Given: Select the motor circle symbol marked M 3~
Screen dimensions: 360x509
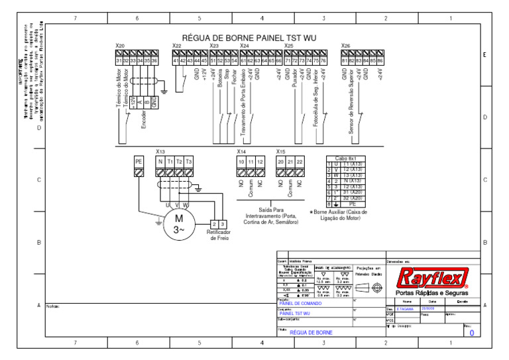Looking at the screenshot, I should pyautogui.click(x=178, y=224).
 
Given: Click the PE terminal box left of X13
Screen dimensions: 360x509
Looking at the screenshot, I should pyautogui.click(x=139, y=162).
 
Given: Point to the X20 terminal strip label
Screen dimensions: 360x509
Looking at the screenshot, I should pyautogui.click(x=120, y=46).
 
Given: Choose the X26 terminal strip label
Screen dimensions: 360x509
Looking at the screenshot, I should pyautogui.click(x=345, y=46).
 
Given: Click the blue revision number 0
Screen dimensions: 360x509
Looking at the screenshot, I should pyautogui.click(x=471, y=333).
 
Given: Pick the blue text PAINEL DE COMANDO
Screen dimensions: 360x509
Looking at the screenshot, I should pyautogui.click(x=301, y=303).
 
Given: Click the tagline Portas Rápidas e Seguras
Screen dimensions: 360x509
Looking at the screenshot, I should pyautogui.click(x=431, y=293).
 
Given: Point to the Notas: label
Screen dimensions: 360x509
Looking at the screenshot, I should pyautogui.click(x=54, y=306).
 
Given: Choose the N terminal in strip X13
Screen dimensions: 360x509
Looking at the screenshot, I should pyautogui.click(x=160, y=162).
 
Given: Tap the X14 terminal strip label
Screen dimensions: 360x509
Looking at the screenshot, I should pyautogui.click(x=241, y=152).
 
